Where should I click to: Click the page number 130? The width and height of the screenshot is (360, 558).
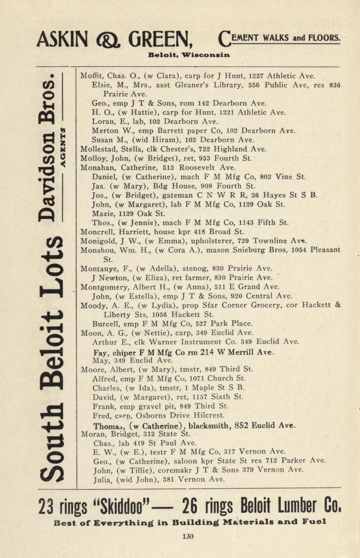188,537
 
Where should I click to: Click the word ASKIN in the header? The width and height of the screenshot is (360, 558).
62,40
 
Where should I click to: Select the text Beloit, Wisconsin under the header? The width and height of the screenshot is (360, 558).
189,55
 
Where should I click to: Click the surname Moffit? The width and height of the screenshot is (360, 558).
90,76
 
